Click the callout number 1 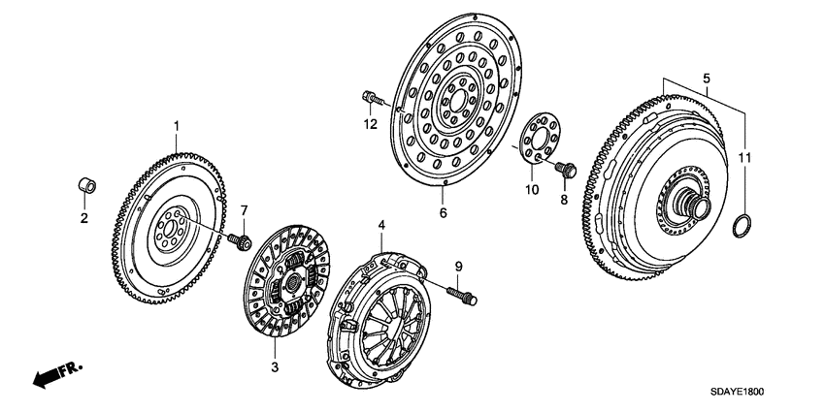click(177, 125)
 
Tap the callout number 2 click(83, 218)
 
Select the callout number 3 click(275, 366)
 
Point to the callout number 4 click(381, 225)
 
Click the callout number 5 click(706, 77)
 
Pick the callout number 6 click(443, 211)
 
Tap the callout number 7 click(245, 211)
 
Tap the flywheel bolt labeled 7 click(244, 238)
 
